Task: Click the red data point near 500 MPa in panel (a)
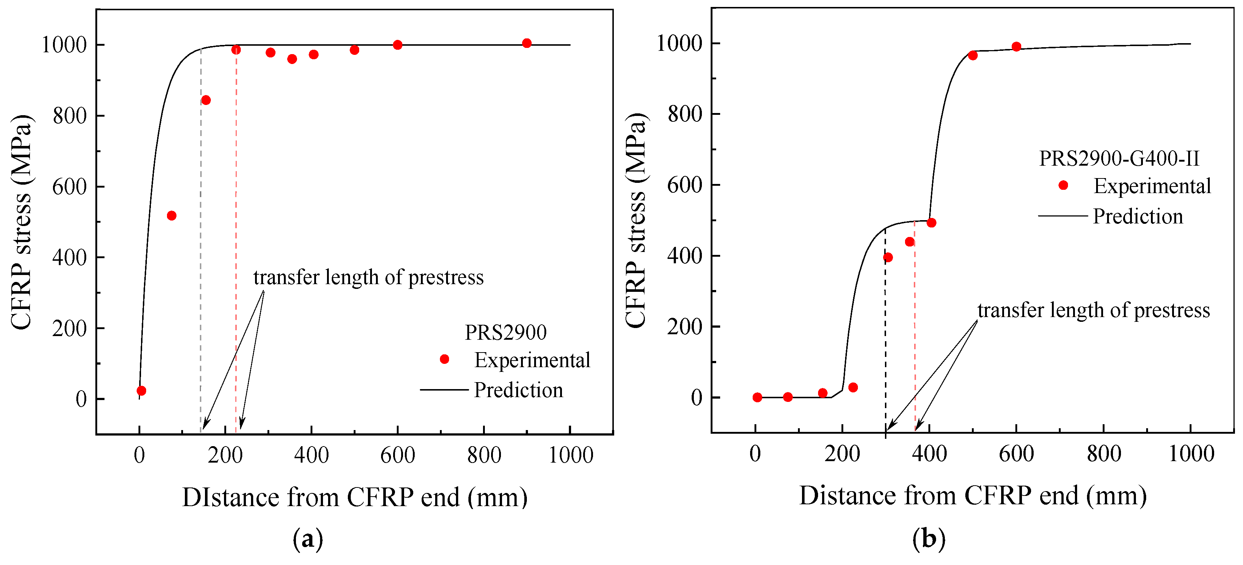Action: click(171, 215)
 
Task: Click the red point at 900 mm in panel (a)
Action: click(527, 43)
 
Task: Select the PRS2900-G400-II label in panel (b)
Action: click(1118, 158)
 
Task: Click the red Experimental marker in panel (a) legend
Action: click(444, 359)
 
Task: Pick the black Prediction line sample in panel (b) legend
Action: click(1063, 216)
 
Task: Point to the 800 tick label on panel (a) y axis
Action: click(69, 116)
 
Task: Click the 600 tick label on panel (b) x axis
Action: click(1016, 454)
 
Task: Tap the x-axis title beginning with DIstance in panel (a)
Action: click(355, 497)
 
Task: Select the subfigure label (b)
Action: click(928, 538)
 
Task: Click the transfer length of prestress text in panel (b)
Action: click(1094, 310)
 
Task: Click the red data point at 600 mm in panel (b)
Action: click(1016, 47)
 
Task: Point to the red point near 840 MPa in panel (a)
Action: click(206, 100)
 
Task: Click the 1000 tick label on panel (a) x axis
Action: click(570, 455)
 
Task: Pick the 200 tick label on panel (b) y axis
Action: click(684, 327)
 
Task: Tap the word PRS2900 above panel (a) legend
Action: click(505, 332)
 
